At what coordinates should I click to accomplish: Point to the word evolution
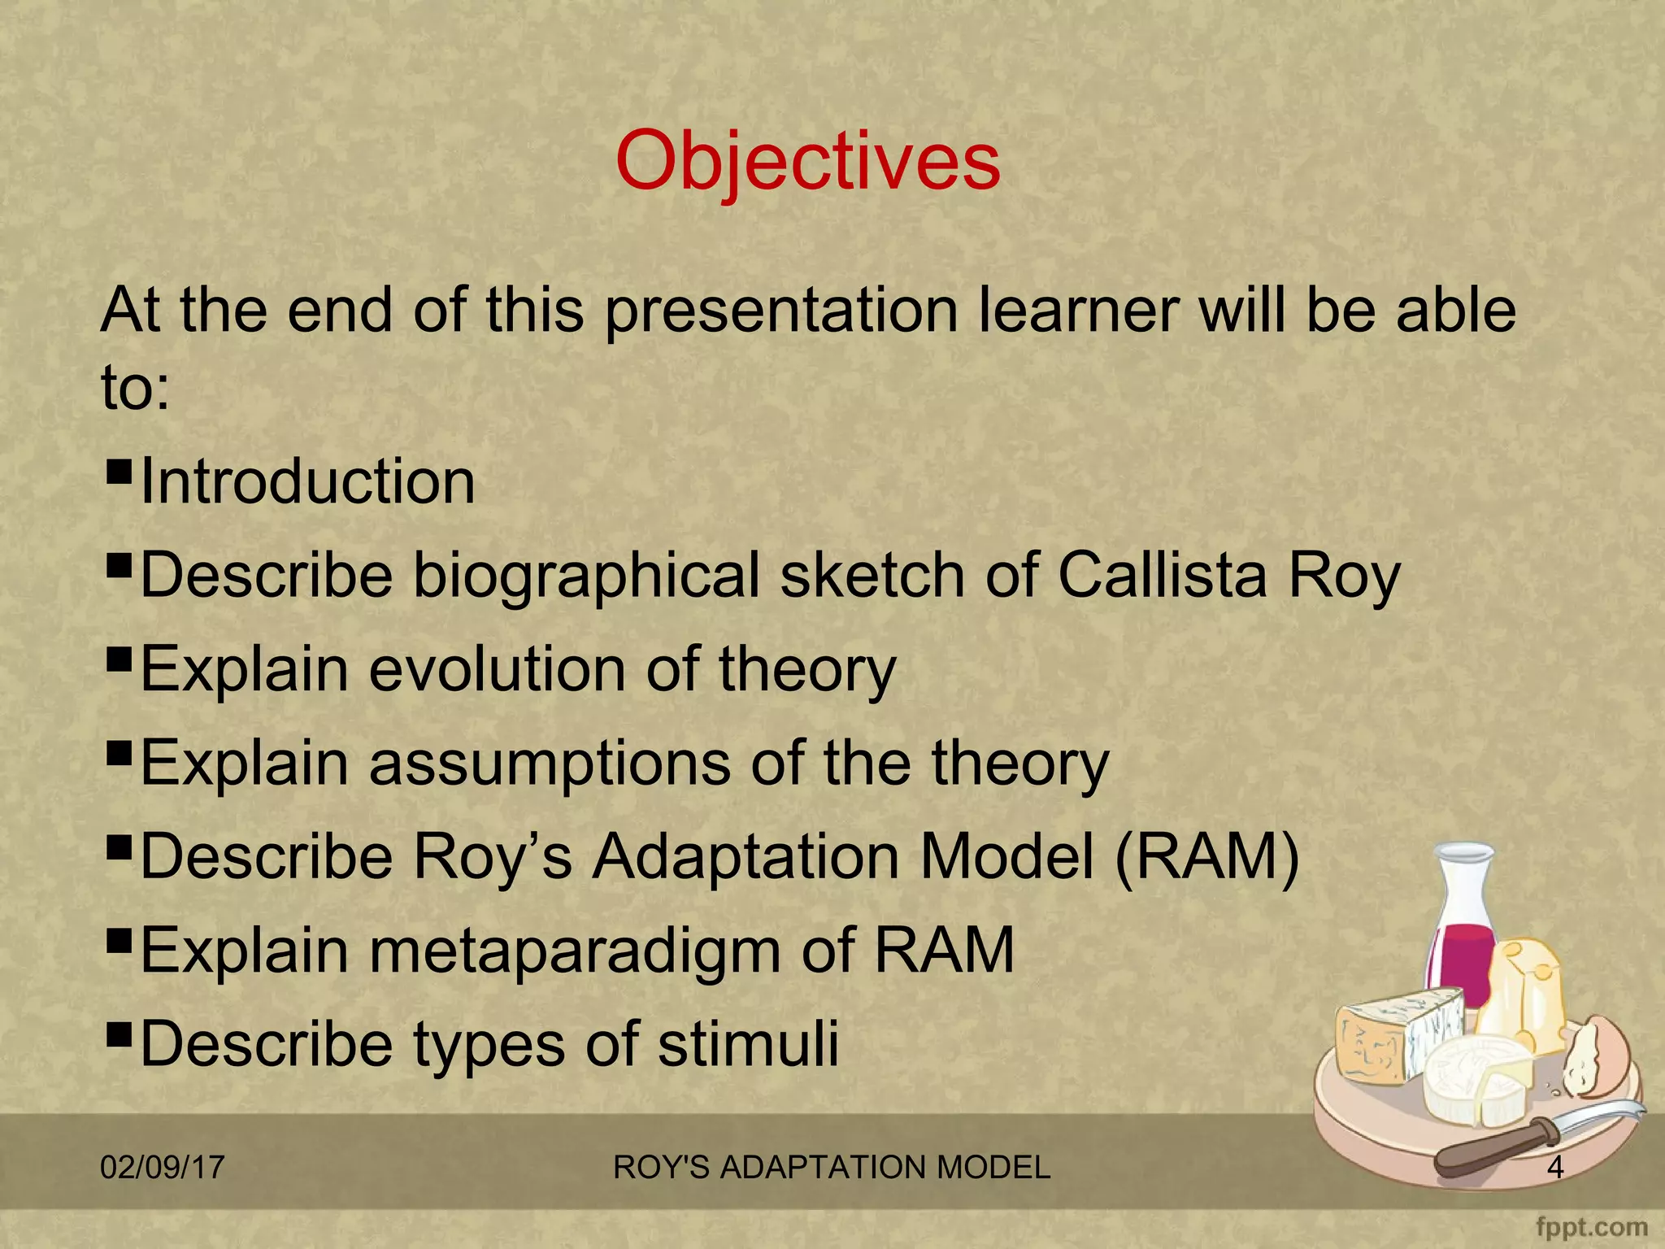498,669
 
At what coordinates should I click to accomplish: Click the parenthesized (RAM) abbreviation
1206,857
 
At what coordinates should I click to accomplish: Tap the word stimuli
748,1044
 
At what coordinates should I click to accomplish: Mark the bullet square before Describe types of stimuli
119,1032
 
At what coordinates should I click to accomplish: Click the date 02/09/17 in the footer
162,1168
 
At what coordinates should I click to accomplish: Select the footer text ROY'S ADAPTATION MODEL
831,1168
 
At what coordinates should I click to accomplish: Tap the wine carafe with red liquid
1463,935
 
